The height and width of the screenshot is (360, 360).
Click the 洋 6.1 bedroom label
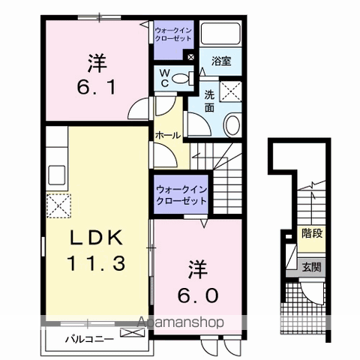point(97,75)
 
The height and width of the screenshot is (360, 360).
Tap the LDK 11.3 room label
point(96,250)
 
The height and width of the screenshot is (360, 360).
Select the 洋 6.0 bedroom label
point(198,281)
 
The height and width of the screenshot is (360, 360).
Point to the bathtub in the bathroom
point(220,34)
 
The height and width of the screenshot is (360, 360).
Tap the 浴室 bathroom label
point(221,61)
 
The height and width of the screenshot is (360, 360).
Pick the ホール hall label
point(168,136)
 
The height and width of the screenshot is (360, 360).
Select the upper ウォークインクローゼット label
point(173,34)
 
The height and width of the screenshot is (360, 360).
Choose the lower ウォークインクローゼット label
point(181,195)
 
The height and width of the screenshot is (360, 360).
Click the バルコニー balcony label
point(89,339)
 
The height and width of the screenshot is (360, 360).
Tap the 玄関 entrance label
point(311,268)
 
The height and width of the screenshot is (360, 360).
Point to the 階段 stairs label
point(312,233)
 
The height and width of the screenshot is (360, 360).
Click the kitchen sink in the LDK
point(57,175)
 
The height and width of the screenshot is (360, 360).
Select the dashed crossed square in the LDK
point(58,205)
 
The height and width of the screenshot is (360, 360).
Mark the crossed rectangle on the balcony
point(132,332)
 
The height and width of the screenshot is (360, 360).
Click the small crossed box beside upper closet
point(190,57)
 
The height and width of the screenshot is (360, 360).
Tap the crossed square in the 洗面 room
point(230,91)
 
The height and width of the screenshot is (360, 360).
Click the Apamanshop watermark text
point(180,322)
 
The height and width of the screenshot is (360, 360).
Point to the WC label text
point(165,78)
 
